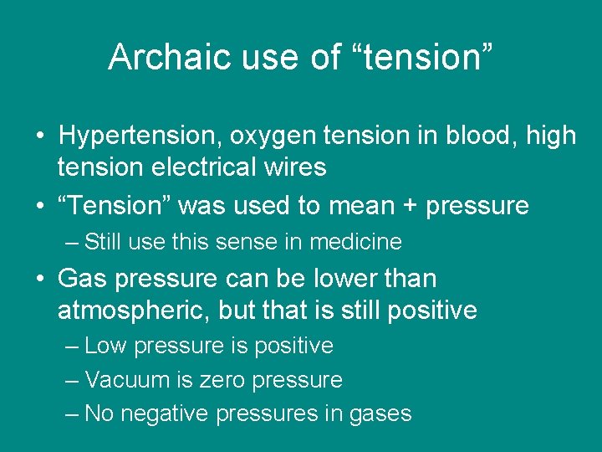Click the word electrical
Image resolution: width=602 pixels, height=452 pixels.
click(x=203, y=167)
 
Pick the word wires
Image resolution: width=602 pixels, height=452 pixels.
click(x=293, y=167)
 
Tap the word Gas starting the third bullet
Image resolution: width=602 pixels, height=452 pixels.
click(x=81, y=279)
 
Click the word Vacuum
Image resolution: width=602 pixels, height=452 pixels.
click(x=127, y=380)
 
